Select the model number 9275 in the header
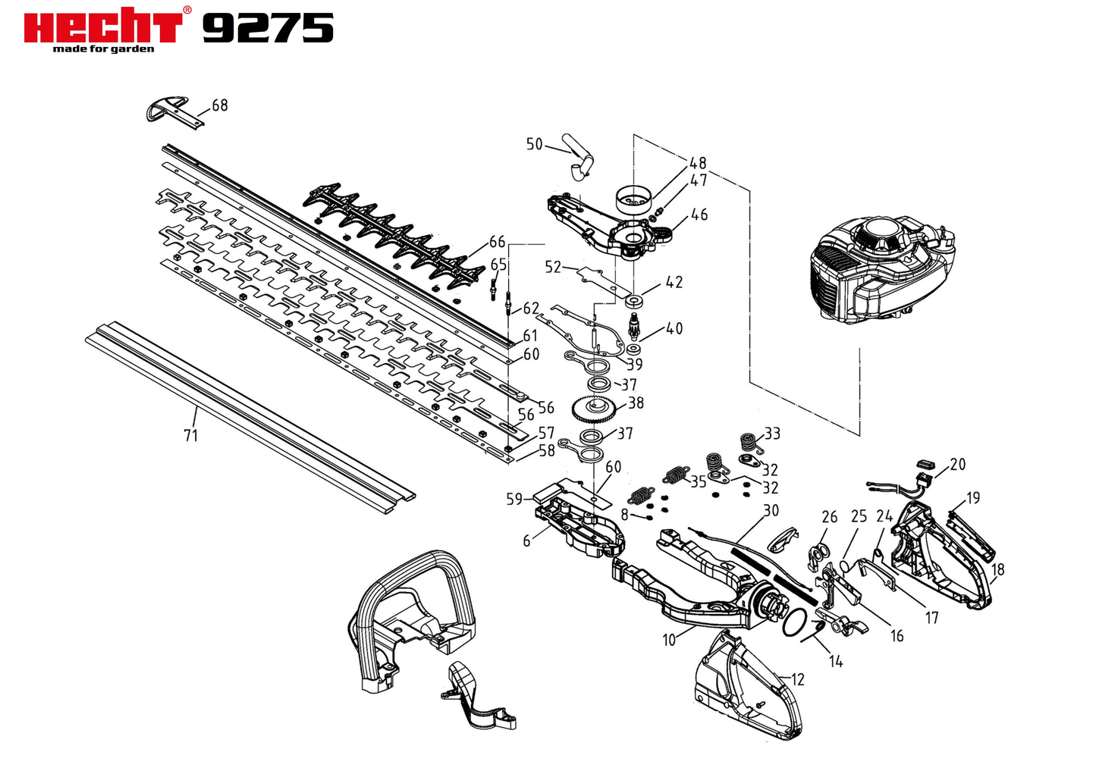click(x=269, y=28)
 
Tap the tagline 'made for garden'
click(x=103, y=49)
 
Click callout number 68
click(x=220, y=105)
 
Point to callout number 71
click(x=191, y=435)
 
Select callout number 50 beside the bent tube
click(x=534, y=144)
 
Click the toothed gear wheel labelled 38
click(x=593, y=409)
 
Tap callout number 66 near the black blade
click(x=497, y=242)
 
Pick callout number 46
click(x=699, y=215)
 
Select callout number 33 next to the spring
click(x=772, y=434)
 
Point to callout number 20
click(x=957, y=464)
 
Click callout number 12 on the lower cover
click(x=797, y=679)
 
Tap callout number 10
click(x=669, y=640)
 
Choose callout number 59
click(x=514, y=500)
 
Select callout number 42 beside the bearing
click(x=674, y=282)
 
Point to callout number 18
click(x=997, y=569)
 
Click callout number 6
click(x=526, y=541)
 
